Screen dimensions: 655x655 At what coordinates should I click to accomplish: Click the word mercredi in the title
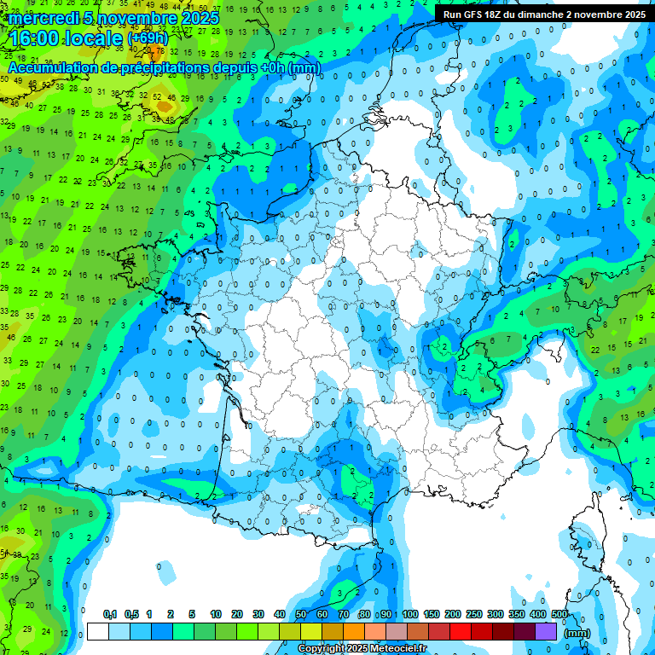[x=43, y=18]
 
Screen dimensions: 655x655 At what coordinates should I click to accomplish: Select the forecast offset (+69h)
[x=148, y=38]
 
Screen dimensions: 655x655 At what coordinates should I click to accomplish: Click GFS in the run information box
[x=473, y=14]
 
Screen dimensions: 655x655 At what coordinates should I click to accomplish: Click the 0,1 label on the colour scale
[x=110, y=614]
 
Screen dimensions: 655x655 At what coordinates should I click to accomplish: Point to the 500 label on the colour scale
[x=559, y=614]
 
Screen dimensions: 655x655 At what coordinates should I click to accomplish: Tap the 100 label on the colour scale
[x=410, y=614]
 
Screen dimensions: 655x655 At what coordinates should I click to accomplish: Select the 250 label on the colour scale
[x=474, y=614]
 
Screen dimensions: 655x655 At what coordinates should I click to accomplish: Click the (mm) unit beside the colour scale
[x=578, y=633]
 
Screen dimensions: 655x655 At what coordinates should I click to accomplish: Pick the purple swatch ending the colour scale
[x=546, y=631]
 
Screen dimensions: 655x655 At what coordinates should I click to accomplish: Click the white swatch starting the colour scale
[x=98, y=631]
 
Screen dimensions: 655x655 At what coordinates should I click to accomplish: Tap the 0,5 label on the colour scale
[x=131, y=614]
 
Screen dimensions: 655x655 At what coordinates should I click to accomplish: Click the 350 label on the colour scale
[x=517, y=614]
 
